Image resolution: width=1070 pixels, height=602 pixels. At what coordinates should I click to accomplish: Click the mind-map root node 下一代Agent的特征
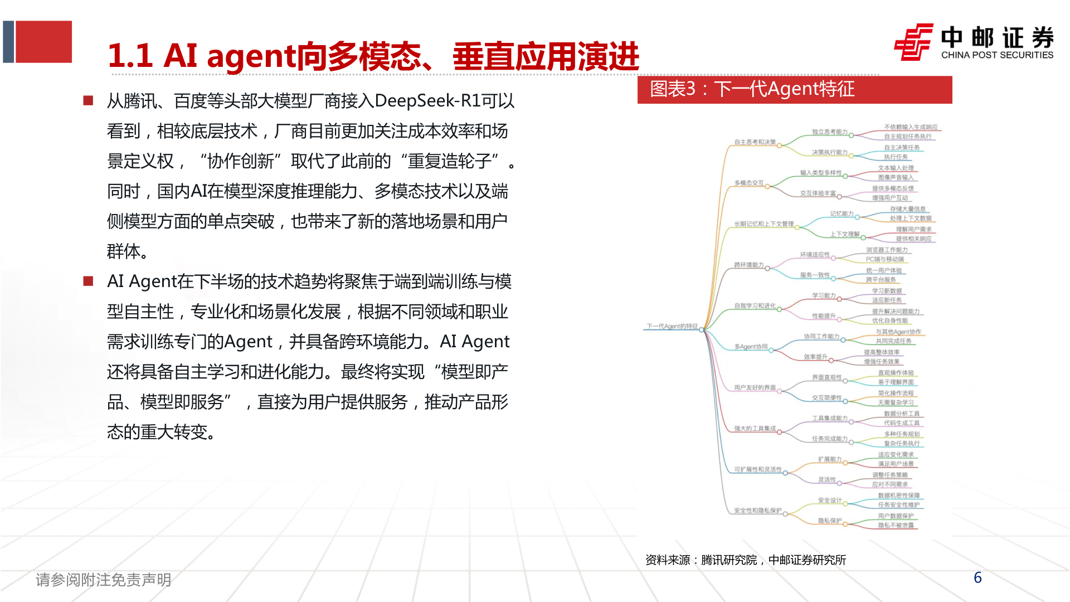(672, 326)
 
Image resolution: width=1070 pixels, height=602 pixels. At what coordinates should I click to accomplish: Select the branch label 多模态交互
(748, 183)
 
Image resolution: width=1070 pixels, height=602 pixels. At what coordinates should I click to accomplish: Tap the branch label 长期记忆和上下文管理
(763, 224)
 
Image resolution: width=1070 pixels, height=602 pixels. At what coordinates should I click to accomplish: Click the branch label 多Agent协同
(751, 347)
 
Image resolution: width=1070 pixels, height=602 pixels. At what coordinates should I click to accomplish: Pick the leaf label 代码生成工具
(901, 423)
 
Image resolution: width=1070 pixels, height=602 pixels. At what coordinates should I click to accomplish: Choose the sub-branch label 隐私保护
(830, 521)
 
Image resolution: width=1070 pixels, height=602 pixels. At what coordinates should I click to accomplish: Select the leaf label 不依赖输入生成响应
(910, 127)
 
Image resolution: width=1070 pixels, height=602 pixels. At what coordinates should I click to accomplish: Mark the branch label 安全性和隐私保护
(757, 511)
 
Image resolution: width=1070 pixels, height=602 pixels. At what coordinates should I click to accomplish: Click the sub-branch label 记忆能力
(842, 213)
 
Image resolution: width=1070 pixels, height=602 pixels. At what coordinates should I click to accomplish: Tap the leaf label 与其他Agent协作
(898, 332)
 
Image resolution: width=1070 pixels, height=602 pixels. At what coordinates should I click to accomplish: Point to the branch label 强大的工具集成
(755, 429)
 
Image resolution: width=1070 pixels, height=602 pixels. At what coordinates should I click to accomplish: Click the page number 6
(977, 577)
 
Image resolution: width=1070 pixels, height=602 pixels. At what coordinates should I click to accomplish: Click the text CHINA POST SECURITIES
(997, 55)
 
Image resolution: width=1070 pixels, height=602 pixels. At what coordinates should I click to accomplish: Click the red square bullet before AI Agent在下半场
(88, 281)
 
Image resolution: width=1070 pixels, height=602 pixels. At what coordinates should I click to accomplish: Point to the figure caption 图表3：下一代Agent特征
(752, 89)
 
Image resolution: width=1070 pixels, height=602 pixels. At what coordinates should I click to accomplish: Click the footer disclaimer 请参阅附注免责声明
(103, 580)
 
